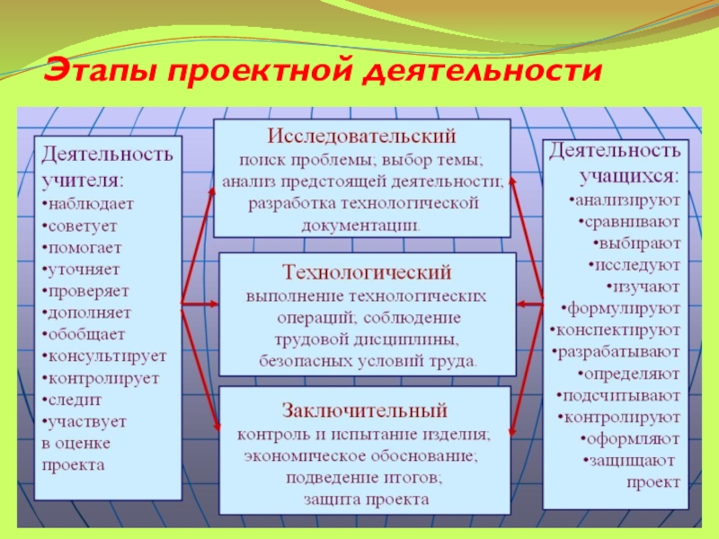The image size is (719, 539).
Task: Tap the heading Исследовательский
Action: [x=360, y=137]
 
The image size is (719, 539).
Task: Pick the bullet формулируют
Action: [x=622, y=308]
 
